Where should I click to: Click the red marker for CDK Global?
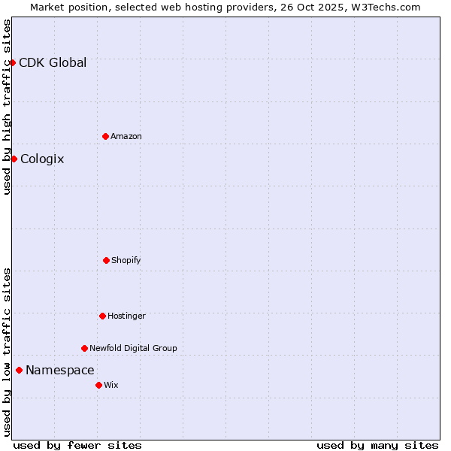pos(13,62)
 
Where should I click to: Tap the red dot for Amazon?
pos(105,136)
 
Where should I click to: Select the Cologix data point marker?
pos(14,159)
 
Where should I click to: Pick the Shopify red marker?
pos(106,260)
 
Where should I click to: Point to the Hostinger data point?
pos(102,316)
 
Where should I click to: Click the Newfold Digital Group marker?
pos(84,348)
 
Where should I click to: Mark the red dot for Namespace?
pos(19,370)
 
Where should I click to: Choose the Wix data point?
pos(98,385)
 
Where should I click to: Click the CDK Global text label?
pos(53,62)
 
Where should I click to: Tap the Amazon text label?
pos(126,136)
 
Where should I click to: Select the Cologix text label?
pos(42,159)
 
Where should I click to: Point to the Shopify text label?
pos(126,260)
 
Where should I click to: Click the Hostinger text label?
pos(126,316)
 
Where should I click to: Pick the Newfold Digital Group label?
pos(133,348)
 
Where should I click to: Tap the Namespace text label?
pos(60,370)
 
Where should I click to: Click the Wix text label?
pos(111,385)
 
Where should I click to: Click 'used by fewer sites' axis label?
pos(77,445)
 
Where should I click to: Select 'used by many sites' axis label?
pos(377,445)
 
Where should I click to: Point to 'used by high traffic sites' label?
pos(7,107)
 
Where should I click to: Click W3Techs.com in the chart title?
pos(383,7)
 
